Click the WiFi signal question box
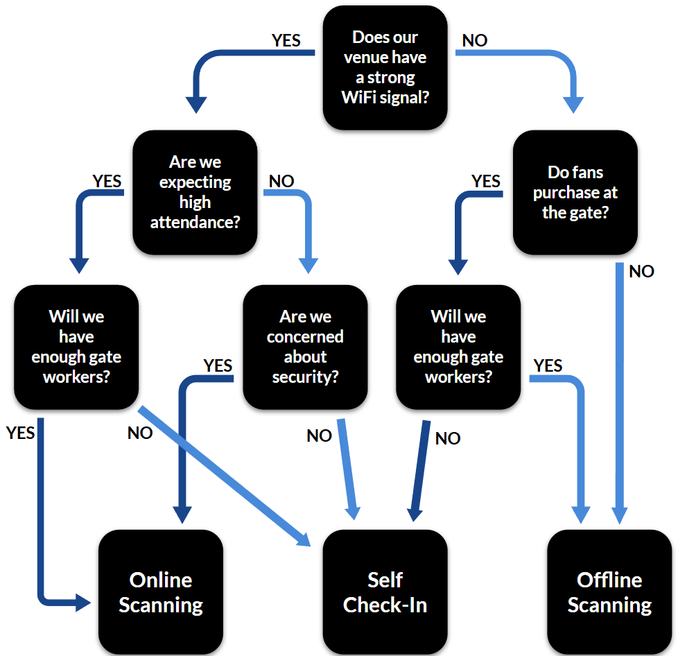point(385,67)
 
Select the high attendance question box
point(195,192)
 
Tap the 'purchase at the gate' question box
point(575,192)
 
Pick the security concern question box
point(305,347)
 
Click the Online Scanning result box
point(160,592)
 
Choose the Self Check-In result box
point(385,592)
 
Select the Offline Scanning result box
point(609,592)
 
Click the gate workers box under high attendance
point(76,347)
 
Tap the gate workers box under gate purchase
point(458,347)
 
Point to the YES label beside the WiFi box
point(286,40)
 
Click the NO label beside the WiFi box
point(475,40)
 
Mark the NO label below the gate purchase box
point(641,271)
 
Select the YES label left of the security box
point(218,365)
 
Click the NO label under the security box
point(320,435)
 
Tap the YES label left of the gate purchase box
point(486,181)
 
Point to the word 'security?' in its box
point(305,377)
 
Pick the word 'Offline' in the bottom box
point(609,580)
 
